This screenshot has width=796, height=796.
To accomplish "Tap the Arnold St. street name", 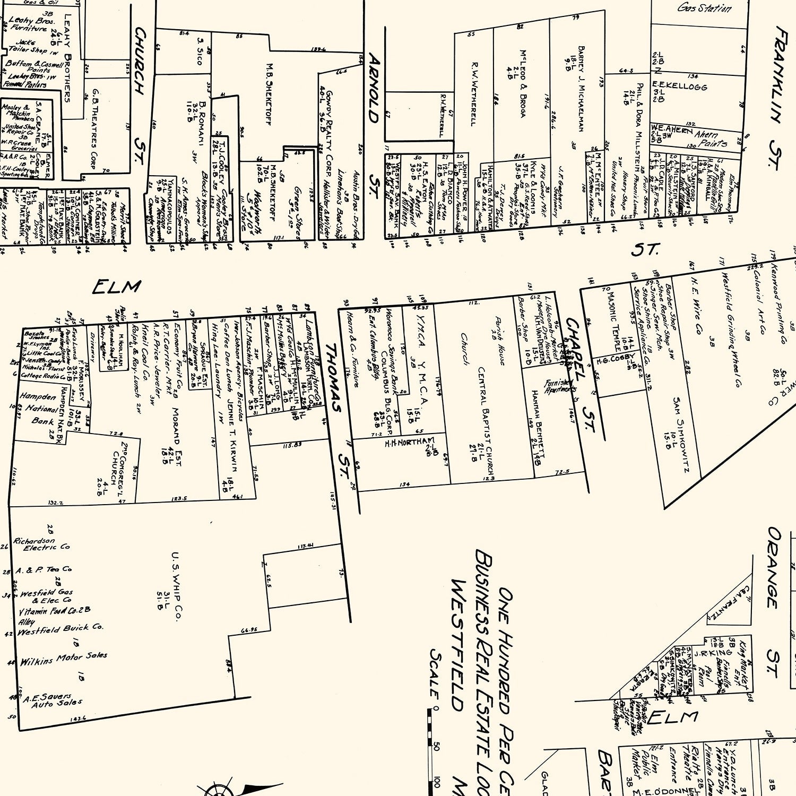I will (375, 125).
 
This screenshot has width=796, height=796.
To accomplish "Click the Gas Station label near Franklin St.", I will (704, 8).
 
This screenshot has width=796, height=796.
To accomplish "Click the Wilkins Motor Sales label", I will (63, 659).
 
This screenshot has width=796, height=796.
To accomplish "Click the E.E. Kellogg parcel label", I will (679, 86).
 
